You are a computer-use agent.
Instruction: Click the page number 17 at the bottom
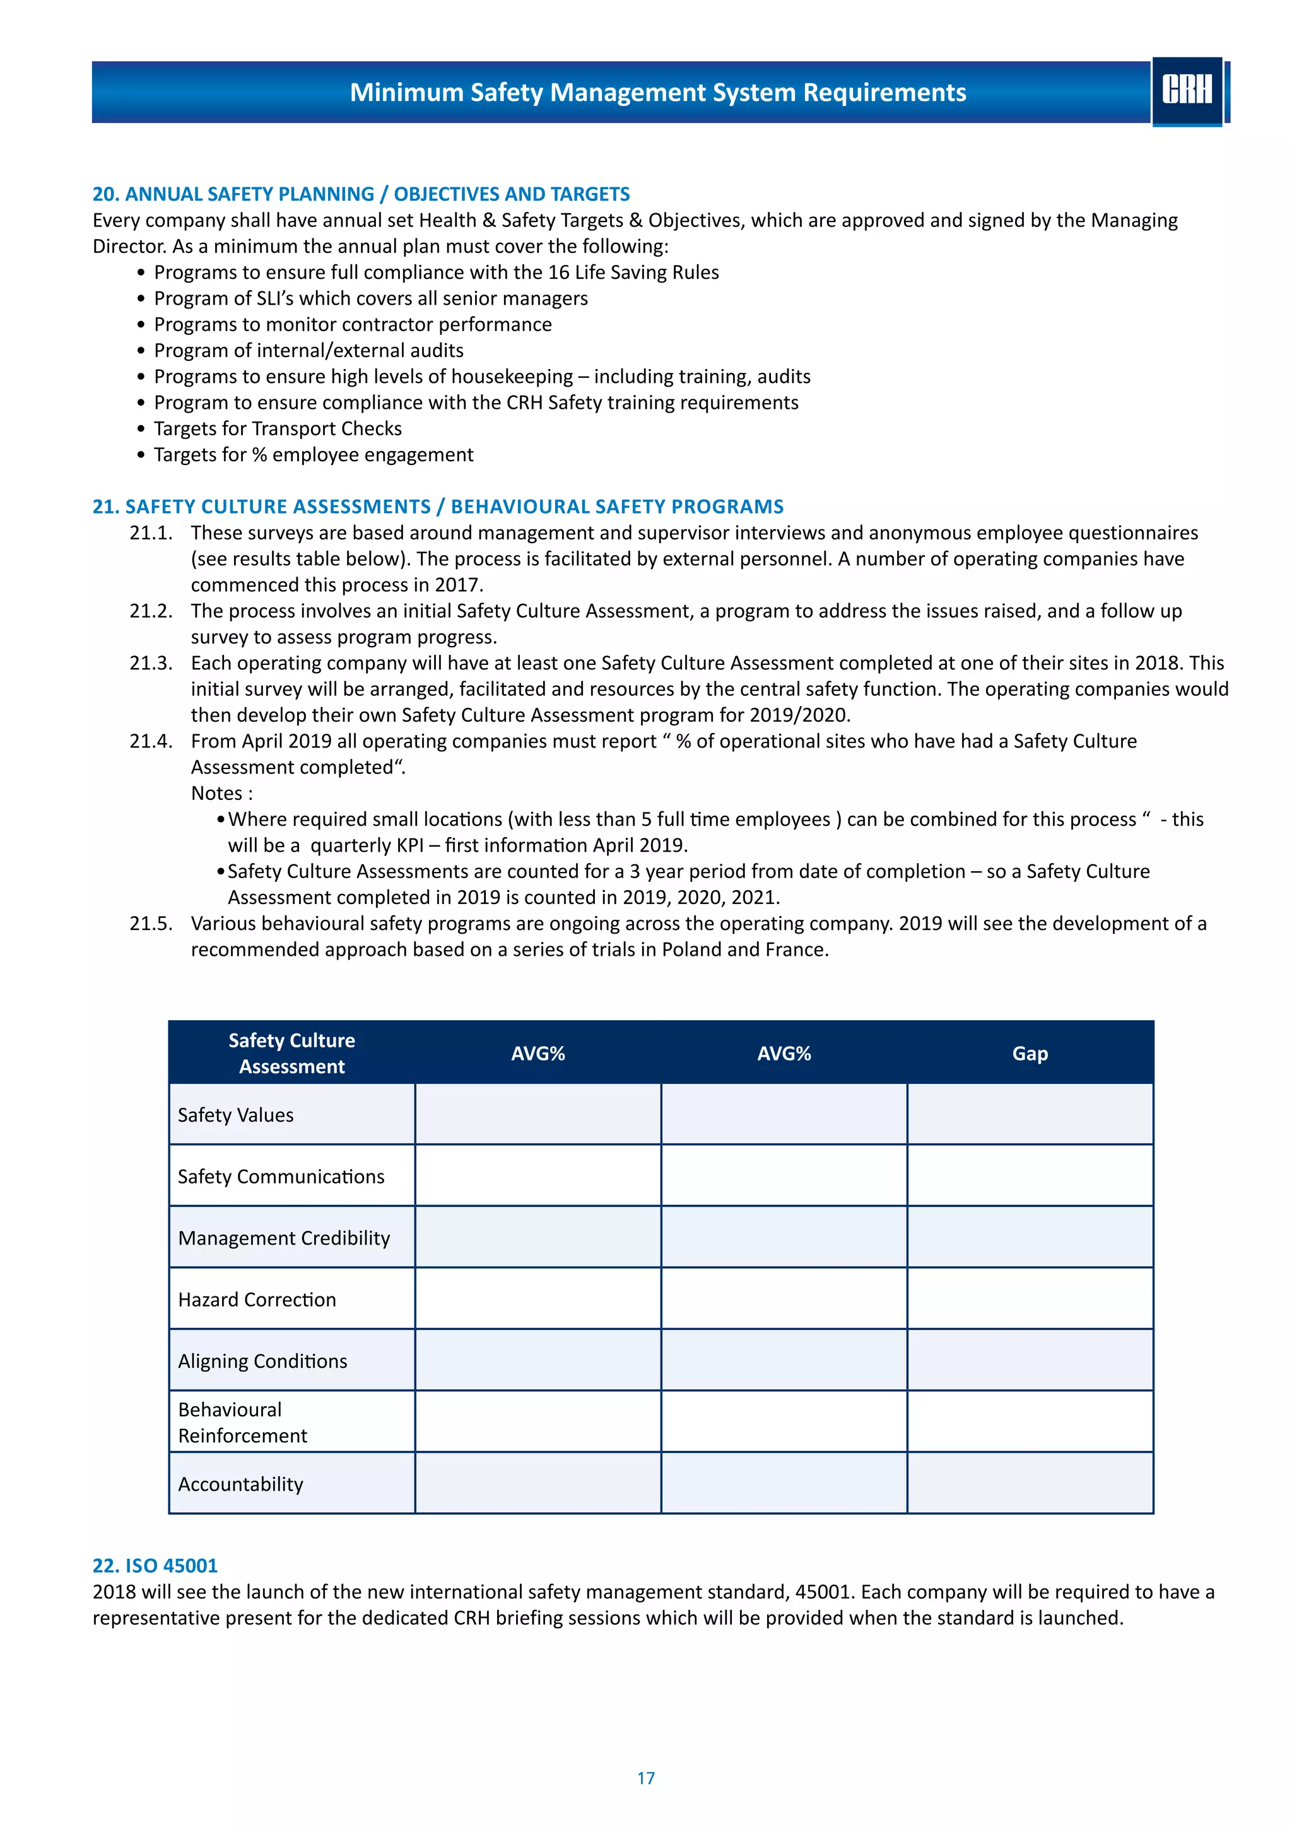645,1778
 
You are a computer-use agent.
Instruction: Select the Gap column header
1030,1054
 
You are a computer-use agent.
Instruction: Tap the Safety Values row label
235,1115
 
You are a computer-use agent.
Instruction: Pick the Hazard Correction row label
257,1300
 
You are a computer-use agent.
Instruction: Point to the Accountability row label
240,1484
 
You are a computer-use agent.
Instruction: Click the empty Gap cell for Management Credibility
1030,1237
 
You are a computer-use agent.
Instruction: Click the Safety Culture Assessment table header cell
291,1053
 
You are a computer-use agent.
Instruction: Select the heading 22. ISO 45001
155,1565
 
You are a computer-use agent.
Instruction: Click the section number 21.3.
150,663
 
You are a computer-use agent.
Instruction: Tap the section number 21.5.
150,923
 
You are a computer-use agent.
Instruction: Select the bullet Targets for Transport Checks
278,429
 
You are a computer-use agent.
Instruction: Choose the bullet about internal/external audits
308,351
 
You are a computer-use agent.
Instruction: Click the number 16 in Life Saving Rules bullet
558,272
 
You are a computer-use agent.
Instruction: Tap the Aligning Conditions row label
262,1361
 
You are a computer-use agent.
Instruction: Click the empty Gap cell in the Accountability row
1030,1483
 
